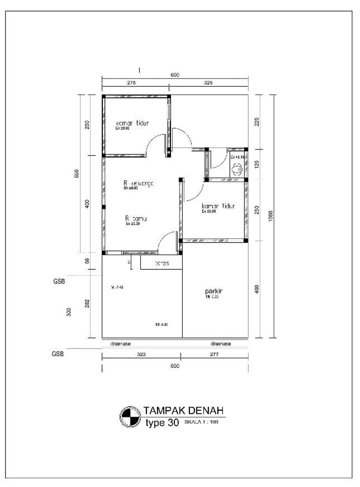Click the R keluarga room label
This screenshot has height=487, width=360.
coord(139,183)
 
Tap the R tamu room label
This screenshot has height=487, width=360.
coord(136,219)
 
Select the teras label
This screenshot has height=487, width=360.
coord(162,263)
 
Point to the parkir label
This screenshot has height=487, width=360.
coord(214,291)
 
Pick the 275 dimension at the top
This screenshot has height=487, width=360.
coord(131,83)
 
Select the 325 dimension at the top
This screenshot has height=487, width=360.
coord(208,83)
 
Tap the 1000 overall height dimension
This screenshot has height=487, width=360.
coord(270,216)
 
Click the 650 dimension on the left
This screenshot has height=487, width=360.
coord(77,174)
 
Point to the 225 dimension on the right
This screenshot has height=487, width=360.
coord(257,122)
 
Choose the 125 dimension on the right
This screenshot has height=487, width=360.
coord(257,164)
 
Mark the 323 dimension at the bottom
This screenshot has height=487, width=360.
coord(141,355)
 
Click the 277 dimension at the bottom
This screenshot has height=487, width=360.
coord(214,355)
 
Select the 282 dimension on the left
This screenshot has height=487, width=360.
coord(87,303)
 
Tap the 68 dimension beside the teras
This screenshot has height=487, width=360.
coord(87,261)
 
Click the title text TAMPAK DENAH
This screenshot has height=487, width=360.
coord(183,410)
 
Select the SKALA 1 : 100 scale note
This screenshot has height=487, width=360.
coord(201,422)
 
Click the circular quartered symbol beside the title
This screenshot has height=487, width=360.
coord(130,417)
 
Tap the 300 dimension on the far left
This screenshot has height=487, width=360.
coord(69,312)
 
